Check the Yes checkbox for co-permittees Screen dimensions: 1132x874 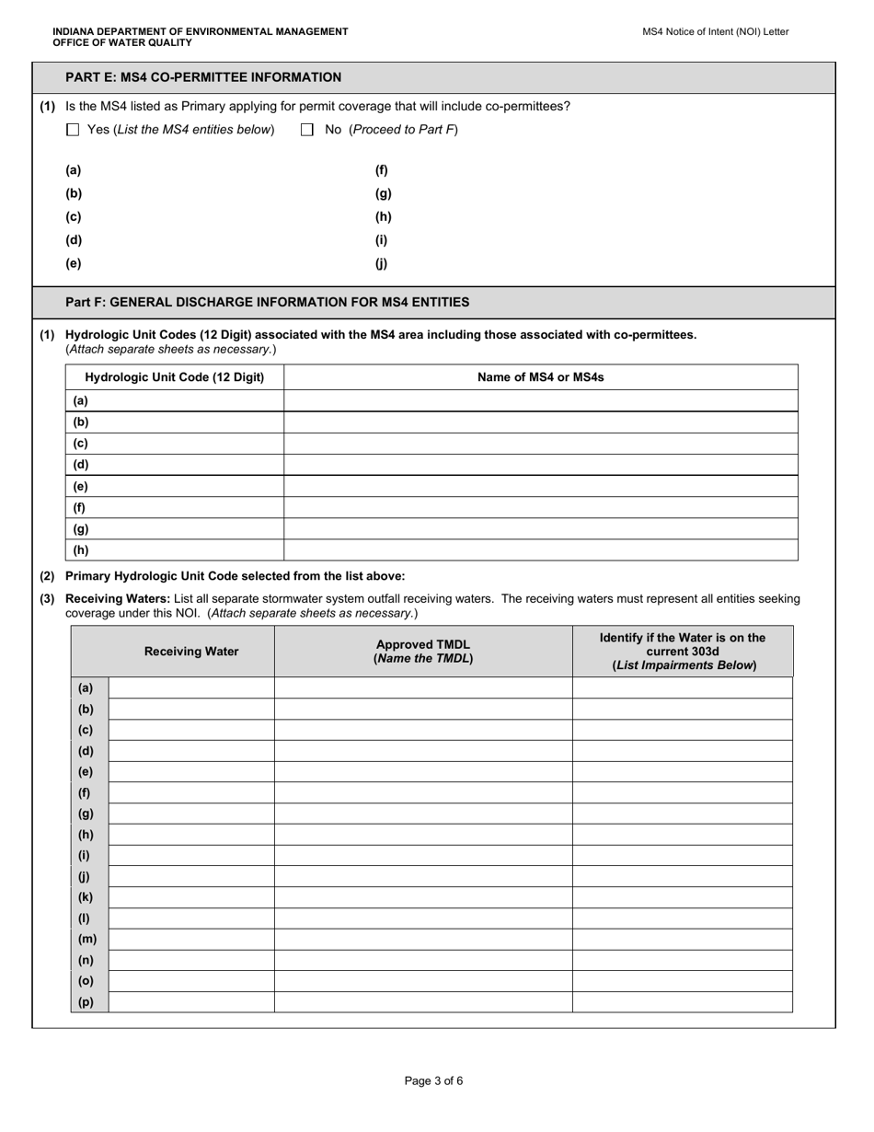click(x=74, y=131)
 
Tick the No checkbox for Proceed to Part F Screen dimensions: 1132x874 click(x=308, y=131)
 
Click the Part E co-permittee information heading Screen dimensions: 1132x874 click(x=203, y=77)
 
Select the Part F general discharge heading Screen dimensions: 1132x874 click(x=267, y=302)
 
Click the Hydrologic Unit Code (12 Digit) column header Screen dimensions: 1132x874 click(x=174, y=377)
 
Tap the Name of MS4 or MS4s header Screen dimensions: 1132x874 click(x=540, y=377)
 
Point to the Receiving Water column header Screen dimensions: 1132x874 click(x=191, y=652)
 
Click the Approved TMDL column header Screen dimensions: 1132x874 click(x=423, y=652)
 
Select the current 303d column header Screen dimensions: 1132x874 click(x=682, y=652)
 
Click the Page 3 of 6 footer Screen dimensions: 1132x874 click(x=433, y=1081)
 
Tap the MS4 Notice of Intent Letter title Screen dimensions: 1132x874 click(x=715, y=31)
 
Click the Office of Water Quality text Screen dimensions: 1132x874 click(x=122, y=42)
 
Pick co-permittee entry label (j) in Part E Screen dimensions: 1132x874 click(x=381, y=264)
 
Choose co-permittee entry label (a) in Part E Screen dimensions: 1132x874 click(x=74, y=170)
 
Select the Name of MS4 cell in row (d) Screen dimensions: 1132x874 click(x=540, y=465)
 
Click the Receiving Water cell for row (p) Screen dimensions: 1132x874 click(x=190, y=1002)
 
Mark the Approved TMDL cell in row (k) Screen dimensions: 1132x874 click(x=423, y=897)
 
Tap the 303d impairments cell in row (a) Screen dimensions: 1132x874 click(x=682, y=688)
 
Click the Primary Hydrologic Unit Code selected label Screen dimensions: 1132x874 click(x=235, y=576)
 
